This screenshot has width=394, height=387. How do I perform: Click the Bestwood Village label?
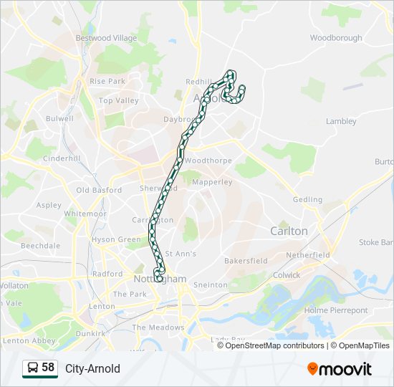tap(106, 38)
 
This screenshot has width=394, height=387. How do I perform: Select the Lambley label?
tap(341, 121)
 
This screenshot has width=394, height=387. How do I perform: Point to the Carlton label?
tap(289, 231)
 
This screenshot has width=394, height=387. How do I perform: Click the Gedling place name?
tap(307, 199)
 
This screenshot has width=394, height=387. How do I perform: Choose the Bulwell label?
tap(59, 118)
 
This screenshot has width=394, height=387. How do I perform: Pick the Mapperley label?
tap(213, 182)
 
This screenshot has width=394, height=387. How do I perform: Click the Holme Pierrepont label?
tap(336, 310)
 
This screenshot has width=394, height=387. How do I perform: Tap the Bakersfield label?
tap(246, 261)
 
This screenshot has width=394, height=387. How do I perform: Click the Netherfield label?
tap(307, 254)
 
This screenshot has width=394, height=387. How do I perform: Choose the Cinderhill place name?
tap(61, 158)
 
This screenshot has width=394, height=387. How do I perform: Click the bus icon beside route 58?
tap(32, 368)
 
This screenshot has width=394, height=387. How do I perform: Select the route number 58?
tap(48, 368)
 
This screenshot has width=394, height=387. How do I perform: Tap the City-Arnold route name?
tap(92, 369)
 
